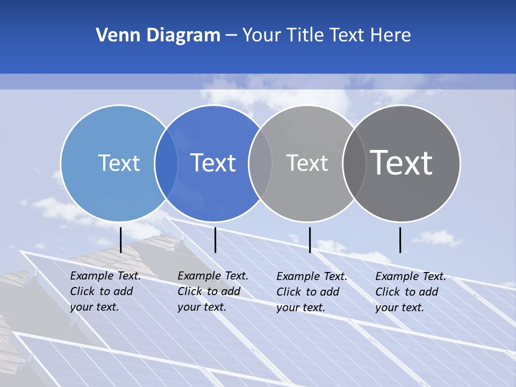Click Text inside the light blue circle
(119, 163)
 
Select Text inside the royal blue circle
(213, 163)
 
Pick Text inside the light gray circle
(307, 163)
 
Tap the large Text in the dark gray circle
(402, 163)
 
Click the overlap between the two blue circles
(166, 163)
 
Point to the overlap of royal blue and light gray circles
(260, 163)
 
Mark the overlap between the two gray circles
(354, 163)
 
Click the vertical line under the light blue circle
(121, 240)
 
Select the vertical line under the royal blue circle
(215, 240)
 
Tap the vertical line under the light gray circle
(310, 240)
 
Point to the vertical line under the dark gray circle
(400, 240)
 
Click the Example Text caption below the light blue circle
(105, 291)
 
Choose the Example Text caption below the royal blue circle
(213, 291)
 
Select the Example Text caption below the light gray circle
(312, 292)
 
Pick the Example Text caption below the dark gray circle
(411, 292)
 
